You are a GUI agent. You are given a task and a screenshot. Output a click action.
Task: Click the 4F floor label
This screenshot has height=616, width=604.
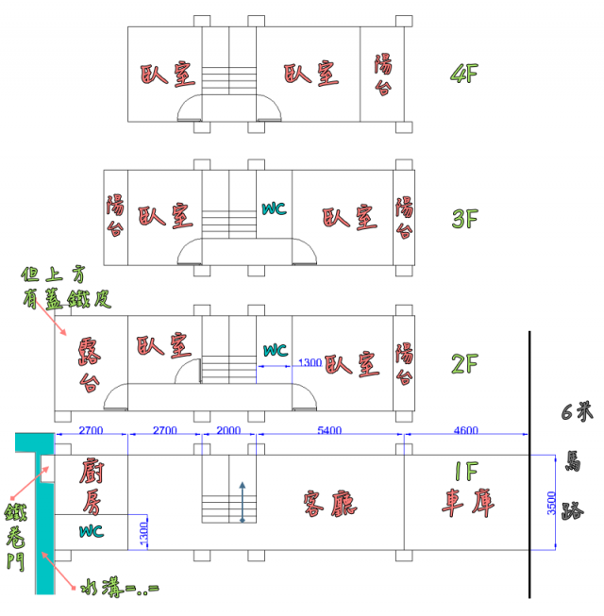click(465, 74)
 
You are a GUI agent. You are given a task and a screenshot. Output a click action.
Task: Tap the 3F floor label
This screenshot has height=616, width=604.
click(465, 219)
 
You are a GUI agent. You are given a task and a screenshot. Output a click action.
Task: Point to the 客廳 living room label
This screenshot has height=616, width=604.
click(329, 504)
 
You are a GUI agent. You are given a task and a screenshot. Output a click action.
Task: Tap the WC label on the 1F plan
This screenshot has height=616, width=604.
click(92, 530)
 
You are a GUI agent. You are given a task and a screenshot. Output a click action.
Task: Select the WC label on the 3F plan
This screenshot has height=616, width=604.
click(274, 208)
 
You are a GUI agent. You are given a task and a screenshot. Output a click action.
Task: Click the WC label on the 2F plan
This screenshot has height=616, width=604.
click(275, 350)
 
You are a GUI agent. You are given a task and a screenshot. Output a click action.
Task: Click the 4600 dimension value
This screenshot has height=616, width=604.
click(465, 430)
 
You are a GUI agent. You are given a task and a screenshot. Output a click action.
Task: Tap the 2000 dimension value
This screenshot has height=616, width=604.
click(228, 430)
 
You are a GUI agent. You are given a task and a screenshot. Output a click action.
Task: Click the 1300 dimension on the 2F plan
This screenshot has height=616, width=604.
click(309, 362)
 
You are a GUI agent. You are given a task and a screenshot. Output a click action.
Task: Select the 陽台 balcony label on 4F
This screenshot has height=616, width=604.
click(384, 75)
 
